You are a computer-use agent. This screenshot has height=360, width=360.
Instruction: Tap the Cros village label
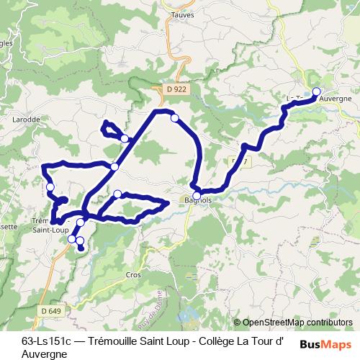tap(134, 274)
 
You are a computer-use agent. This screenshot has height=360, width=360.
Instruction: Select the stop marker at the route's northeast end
tap(316, 91)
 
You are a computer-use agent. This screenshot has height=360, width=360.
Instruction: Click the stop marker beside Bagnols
tap(197, 194)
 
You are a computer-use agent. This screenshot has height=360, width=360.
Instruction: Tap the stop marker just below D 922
tap(174, 117)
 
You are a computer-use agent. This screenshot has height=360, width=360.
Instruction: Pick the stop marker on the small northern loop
tap(125, 138)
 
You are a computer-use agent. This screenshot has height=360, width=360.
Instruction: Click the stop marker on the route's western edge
tap(50, 188)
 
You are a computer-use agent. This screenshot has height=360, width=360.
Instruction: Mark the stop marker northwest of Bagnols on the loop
tap(117, 194)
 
